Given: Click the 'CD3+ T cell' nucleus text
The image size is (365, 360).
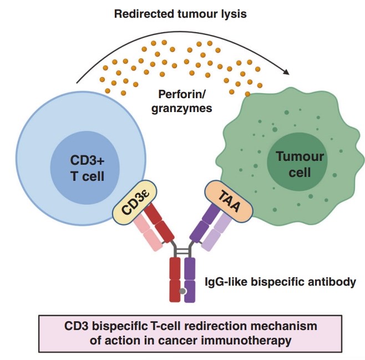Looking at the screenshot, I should [x=86, y=169].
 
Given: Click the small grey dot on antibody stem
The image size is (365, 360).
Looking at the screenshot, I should [x=182, y=291].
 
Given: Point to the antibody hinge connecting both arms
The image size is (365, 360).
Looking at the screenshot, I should [x=182, y=251].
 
